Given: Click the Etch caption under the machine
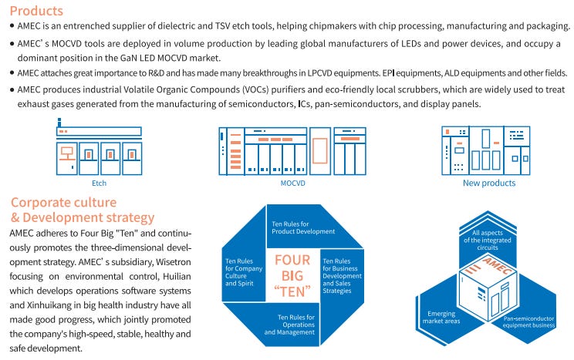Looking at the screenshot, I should click(98, 183).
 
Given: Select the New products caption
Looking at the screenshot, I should click(488, 183).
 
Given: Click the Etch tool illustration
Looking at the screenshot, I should click(98, 150).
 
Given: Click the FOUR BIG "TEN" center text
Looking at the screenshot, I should click(292, 276).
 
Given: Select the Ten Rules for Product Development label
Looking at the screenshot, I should click(303, 227).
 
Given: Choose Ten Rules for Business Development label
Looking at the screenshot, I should click(342, 276).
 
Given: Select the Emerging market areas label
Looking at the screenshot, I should click(445, 318).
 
